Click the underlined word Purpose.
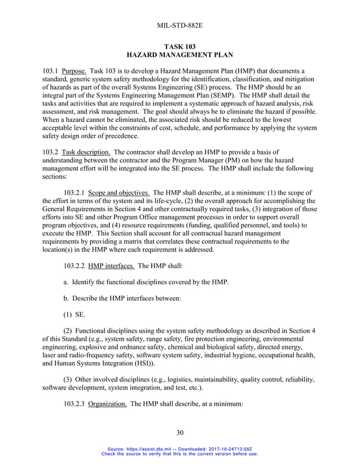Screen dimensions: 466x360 pyautogui.click(x=74, y=71)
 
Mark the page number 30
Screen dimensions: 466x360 pyautogui.click(x=180, y=433)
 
